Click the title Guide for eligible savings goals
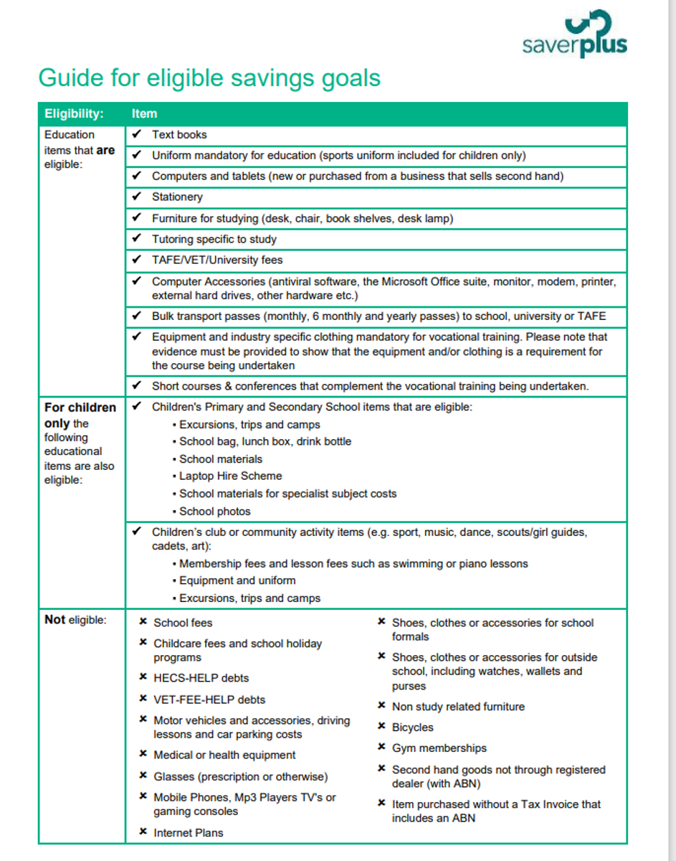coord(209,77)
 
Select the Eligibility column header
coord(74,113)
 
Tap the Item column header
coord(144,113)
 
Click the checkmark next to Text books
coord(137,134)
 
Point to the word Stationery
coord(177,197)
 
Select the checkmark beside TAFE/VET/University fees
coord(137,260)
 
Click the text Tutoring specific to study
coord(214,239)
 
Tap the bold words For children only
coord(80,415)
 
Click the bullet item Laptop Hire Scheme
coord(230,476)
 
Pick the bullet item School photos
coord(214,512)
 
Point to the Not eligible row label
coord(75,620)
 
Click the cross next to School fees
coord(143,622)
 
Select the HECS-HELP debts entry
coord(201,678)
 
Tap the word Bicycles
coord(412,728)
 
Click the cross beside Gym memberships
coord(382,748)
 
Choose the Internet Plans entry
coord(188,833)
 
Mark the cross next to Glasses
coord(143,776)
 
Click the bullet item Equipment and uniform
coord(237,580)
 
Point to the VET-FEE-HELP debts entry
coord(209,700)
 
